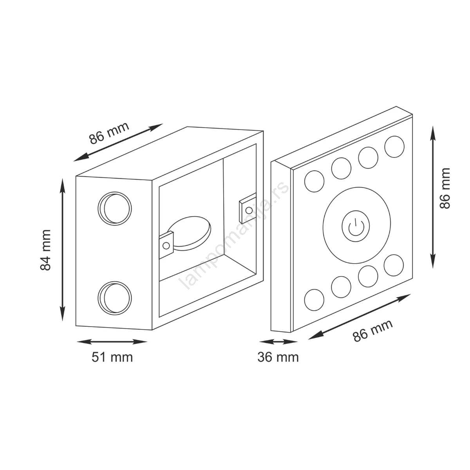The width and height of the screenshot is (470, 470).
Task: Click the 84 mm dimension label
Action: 45,250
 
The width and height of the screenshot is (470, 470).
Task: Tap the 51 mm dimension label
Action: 112,358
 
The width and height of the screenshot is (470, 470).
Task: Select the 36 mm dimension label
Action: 278,358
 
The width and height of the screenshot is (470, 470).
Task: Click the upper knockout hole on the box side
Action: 115,208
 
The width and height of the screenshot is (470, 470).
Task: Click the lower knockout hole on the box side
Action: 115,298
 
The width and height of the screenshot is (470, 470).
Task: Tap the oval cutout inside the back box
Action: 190,233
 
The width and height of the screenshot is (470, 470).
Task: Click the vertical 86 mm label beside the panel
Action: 445,188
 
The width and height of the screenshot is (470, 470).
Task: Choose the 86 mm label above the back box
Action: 109,133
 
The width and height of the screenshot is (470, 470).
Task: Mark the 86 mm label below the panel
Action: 373,331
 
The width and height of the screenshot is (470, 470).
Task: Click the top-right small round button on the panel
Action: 394,146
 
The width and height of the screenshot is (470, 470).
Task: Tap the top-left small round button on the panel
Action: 315,181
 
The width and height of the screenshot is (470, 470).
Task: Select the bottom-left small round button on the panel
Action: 315,300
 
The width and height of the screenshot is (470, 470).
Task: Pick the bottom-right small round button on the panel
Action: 394,266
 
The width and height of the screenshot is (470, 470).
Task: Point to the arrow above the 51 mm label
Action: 112,342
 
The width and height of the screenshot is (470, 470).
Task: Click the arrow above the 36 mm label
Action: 278,342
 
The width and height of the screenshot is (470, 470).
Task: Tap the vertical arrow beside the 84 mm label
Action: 63,249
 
